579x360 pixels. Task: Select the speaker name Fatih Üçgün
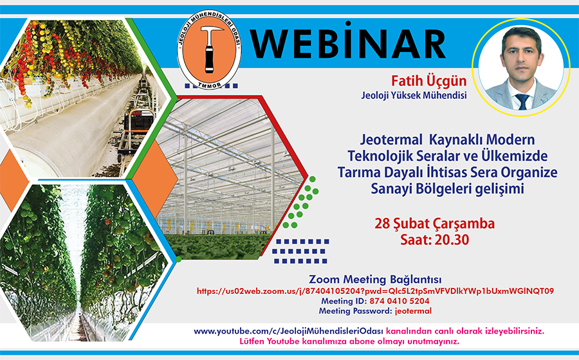tap(428, 80)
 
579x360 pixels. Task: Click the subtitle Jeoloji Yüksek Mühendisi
tap(414, 95)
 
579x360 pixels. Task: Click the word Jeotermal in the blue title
tap(391, 139)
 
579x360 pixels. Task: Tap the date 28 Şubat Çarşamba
tap(435, 224)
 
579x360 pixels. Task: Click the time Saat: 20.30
tap(435, 240)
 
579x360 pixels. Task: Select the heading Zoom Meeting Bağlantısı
tap(375, 279)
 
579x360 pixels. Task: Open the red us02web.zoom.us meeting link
tap(375, 291)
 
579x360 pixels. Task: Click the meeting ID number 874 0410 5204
tap(399, 301)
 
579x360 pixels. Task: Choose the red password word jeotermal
tap(413, 311)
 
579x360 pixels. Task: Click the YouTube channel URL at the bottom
tap(288, 331)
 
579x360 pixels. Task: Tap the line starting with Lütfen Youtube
tap(349, 341)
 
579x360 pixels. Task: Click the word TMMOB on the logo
tap(209, 84)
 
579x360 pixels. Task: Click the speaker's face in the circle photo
tap(521, 56)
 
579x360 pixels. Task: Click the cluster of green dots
tap(301, 202)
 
